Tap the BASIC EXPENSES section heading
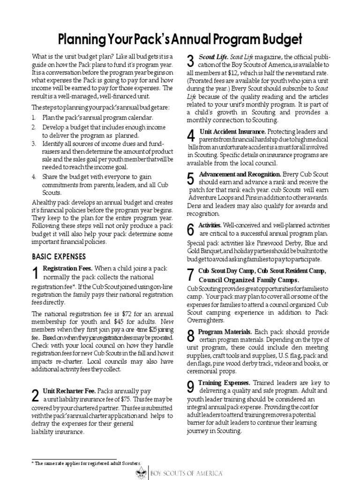[59, 256]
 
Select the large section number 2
[35, 395]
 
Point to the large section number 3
[190, 60]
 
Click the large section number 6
[190, 229]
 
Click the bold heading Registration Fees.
[68, 269]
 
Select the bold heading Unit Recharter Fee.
[69, 390]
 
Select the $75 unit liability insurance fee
[127, 399]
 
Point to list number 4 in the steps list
[34, 177]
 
